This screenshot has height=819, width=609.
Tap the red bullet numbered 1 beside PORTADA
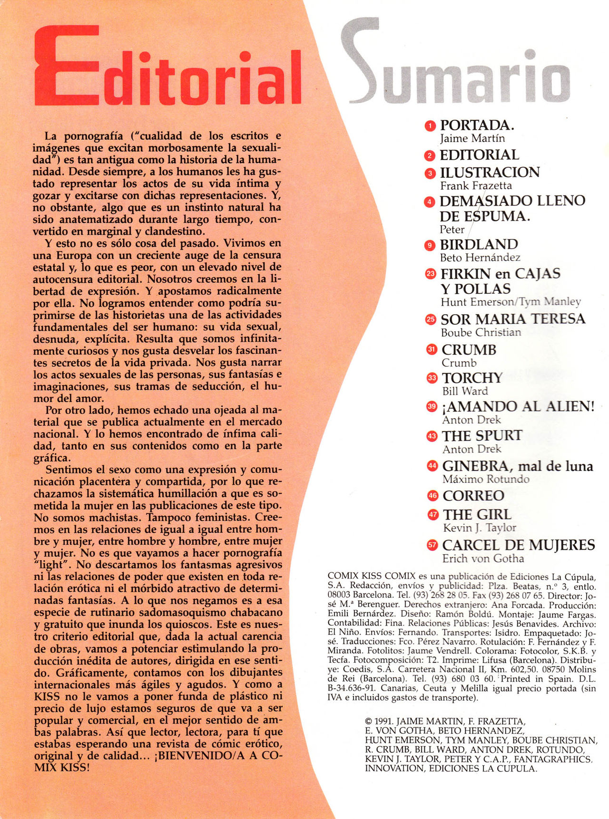point(430,126)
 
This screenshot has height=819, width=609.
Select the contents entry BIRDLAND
point(479,244)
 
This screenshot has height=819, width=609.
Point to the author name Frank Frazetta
point(476,186)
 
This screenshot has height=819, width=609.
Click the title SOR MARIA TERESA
point(513,319)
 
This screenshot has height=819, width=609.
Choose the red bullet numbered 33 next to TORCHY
point(432,378)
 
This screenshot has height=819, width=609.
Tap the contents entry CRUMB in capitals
point(469,350)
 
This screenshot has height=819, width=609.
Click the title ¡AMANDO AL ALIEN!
point(518,407)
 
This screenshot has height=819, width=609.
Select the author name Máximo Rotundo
point(485,479)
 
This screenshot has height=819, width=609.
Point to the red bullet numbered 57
point(432,545)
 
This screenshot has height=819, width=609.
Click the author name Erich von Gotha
point(483,559)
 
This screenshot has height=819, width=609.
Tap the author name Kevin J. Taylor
point(479,528)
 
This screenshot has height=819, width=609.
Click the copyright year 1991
point(383,721)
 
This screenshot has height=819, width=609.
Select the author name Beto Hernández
point(480,258)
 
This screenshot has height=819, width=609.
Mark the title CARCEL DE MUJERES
point(518,545)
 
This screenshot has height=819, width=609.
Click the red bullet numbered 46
point(432,496)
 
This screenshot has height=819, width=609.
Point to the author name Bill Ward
point(465,391)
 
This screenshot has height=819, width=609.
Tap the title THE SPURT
point(481,436)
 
